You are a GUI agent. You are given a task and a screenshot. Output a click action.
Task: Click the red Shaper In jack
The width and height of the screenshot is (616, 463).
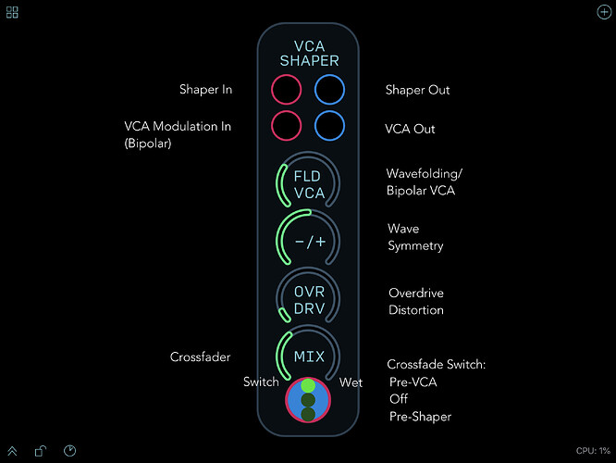click(x=287, y=90)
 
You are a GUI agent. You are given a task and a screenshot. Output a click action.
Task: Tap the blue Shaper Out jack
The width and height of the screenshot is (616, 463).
click(x=329, y=90)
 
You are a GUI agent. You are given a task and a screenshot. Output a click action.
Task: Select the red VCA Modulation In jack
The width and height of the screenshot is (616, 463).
click(x=287, y=126)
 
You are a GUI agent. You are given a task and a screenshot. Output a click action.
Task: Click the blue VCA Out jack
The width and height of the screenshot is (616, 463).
click(x=329, y=126)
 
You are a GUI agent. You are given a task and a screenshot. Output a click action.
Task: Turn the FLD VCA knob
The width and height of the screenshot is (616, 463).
click(x=308, y=183)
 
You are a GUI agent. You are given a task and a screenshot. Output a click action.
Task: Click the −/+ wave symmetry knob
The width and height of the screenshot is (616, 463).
click(x=308, y=241)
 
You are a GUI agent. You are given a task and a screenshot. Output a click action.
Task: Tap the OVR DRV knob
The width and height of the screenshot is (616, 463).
click(x=308, y=299)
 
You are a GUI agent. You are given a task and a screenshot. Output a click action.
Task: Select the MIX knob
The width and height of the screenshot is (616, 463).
click(x=308, y=356)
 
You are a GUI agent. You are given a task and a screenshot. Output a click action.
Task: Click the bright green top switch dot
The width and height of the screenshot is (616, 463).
click(x=308, y=385)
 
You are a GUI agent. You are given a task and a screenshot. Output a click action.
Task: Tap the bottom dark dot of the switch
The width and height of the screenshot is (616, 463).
click(x=308, y=414)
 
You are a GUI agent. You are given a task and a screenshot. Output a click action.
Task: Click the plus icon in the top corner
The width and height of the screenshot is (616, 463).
click(x=604, y=12)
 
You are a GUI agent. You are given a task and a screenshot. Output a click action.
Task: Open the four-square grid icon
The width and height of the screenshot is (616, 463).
click(x=12, y=12)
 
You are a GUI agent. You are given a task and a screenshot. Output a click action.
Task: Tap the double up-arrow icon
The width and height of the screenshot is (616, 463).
click(x=12, y=451)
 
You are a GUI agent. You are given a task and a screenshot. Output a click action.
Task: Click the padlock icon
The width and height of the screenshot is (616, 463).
click(x=41, y=451)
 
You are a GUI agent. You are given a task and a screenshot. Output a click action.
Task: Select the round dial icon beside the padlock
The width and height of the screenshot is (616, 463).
click(x=70, y=451)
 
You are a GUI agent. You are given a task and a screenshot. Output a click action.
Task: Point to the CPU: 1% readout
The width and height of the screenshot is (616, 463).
click(x=593, y=451)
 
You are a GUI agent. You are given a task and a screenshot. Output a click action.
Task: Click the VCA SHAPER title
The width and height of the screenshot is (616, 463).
click(x=309, y=54)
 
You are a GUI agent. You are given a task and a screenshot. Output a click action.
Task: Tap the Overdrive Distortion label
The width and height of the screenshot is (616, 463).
click(x=416, y=301)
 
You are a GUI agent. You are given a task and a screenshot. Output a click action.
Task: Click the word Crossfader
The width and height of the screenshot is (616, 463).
click(x=201, y=357)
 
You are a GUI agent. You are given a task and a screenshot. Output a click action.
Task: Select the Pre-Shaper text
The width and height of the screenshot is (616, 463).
click(x=420, y=417)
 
